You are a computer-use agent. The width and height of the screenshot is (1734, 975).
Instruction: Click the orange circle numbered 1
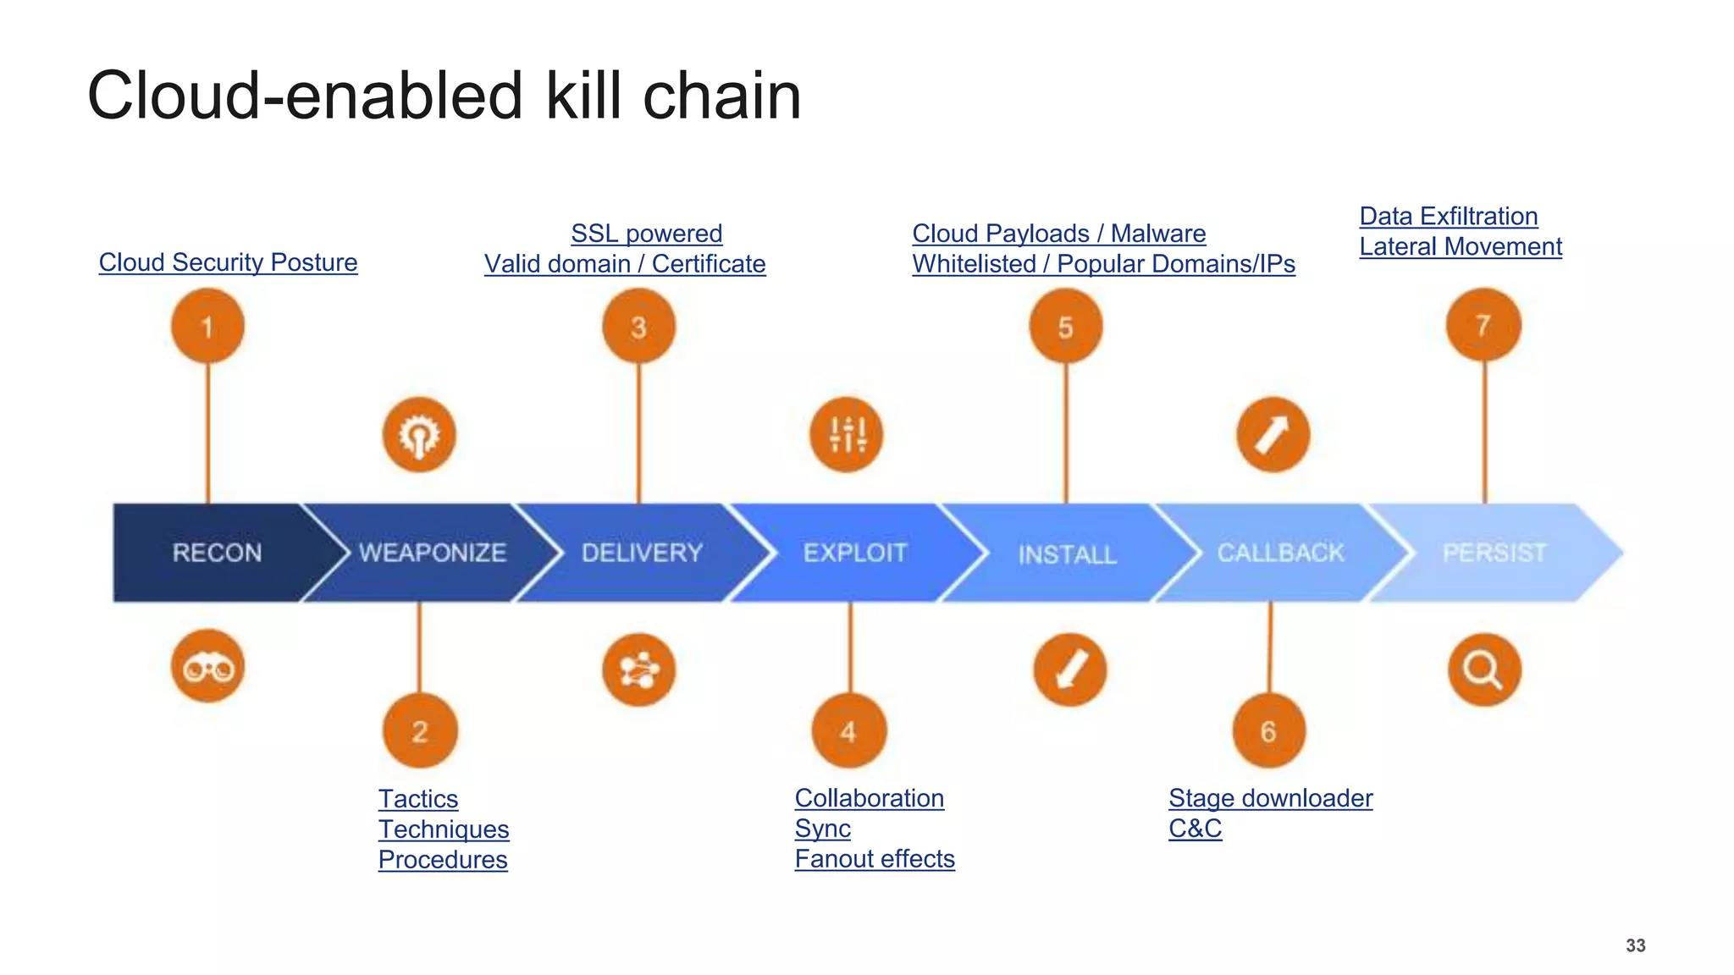tap(207, 326)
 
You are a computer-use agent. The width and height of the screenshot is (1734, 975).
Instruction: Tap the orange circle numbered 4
tap(848, 731)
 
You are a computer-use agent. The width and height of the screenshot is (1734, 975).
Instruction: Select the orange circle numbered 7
tap(1483, 325)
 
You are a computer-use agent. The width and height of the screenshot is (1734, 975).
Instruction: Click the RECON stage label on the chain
tap(217, 553)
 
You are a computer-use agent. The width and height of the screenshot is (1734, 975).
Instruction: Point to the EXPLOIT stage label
tap(855, 553)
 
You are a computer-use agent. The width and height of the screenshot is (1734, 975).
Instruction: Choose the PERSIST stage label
tap(1494, 553)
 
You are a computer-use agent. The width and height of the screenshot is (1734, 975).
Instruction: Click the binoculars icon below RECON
tap(207, 668)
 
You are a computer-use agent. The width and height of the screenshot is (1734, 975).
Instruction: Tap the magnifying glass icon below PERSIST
tap(1483, 669)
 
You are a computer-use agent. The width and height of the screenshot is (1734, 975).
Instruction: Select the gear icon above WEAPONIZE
tap(419, 435)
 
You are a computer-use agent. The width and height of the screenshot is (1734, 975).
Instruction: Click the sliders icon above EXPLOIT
tap(847, 435)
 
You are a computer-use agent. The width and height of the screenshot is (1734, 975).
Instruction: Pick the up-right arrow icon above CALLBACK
tap(1273, 435)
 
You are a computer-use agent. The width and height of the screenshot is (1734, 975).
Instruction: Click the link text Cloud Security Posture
tap(228, 262)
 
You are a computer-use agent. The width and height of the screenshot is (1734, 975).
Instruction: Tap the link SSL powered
tap(646, 234)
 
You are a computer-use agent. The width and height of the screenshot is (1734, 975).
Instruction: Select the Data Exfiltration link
tap(1448, 217)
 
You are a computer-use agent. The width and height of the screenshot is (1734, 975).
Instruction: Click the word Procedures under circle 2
tap(443, 860)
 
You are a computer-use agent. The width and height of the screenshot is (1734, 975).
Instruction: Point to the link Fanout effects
tap(875, 859)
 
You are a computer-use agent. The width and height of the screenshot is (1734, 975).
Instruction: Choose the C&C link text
tap(1195, 829)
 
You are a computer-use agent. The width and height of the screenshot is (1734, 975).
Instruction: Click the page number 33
tap(1635, 945)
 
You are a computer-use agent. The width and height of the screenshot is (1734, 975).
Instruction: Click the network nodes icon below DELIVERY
tap(639, 670)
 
